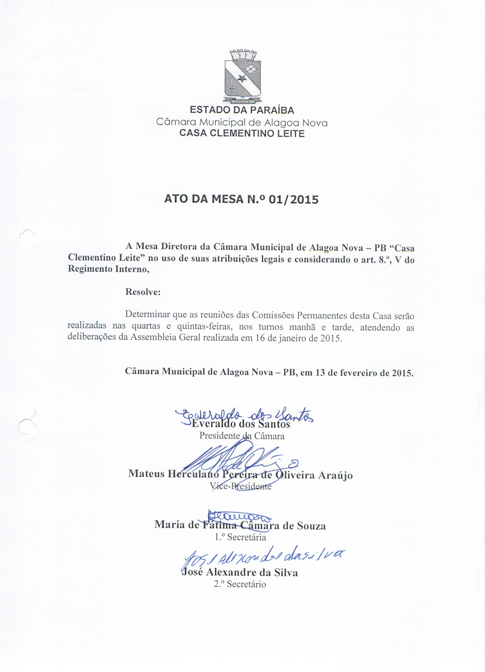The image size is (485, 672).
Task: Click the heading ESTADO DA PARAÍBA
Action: coord(242,110)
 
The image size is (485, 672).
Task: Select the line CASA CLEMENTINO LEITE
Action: coord(242,133)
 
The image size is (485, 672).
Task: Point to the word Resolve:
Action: coord(143,292)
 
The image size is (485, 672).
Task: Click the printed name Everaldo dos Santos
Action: coord(241,424)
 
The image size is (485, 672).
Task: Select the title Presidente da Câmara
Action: coord(242,436)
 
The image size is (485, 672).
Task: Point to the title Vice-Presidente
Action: coord(240,486)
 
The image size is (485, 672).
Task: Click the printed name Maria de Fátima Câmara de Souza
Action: coord(240,525)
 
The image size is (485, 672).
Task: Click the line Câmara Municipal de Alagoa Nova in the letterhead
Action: coord(242,122)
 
